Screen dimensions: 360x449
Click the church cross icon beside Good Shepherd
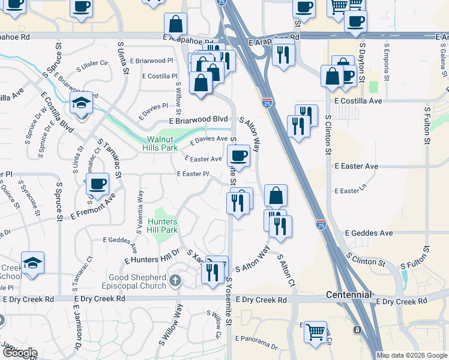tap(175, 280)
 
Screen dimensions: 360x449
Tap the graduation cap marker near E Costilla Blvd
tap(81, 103)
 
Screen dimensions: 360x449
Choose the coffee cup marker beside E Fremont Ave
tap(98, 184)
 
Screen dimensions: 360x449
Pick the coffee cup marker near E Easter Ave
tap(239, 156)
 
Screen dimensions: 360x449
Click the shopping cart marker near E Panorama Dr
tap(315, 331)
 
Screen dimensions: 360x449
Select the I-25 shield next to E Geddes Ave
tap(321, 225)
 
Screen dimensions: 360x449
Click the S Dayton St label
tap(362, 62)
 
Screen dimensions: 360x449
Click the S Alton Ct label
tap(285, 269)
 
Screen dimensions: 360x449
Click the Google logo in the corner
tap(19, 353)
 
